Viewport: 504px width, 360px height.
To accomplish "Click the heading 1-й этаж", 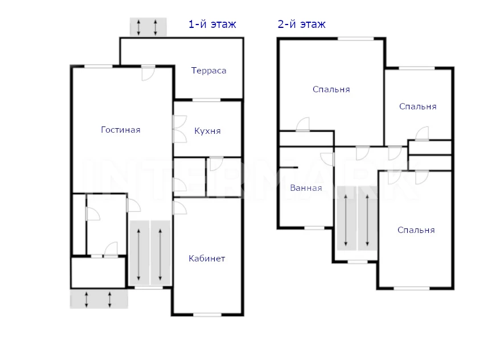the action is [212, 24].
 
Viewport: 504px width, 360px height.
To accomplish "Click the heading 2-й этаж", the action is [301, 24].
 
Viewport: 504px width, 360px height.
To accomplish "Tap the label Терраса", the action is [208, 71].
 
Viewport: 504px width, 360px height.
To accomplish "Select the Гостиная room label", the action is [121, 129].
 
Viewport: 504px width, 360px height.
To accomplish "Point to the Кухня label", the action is [207, 131].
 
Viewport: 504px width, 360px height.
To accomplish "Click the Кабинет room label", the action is [207, 259].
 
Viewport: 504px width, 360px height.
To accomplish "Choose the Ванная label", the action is [306, 188].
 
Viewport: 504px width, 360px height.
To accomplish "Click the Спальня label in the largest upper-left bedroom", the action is [331, 89].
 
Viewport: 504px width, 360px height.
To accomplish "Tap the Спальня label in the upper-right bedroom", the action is [417, 107].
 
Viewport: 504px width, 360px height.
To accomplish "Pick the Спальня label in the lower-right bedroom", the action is [416, 230].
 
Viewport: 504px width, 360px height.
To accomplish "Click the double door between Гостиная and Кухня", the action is [180, 129].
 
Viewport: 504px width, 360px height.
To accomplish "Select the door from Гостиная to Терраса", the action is [148, 73].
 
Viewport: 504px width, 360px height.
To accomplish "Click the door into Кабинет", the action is [180, 208].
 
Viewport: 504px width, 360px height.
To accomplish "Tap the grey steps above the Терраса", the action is [148, 27].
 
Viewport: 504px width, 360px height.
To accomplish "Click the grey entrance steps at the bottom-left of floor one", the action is [99, 299].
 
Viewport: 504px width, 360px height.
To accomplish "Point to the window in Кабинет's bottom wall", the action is [207, 314].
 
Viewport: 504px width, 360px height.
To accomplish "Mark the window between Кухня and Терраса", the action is [206, 100].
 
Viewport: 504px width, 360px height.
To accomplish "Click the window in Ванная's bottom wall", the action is [314, 228].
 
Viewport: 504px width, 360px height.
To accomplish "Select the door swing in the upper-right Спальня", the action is [422, 133].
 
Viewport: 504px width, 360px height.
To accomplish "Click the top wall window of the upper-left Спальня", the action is [355, 39].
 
